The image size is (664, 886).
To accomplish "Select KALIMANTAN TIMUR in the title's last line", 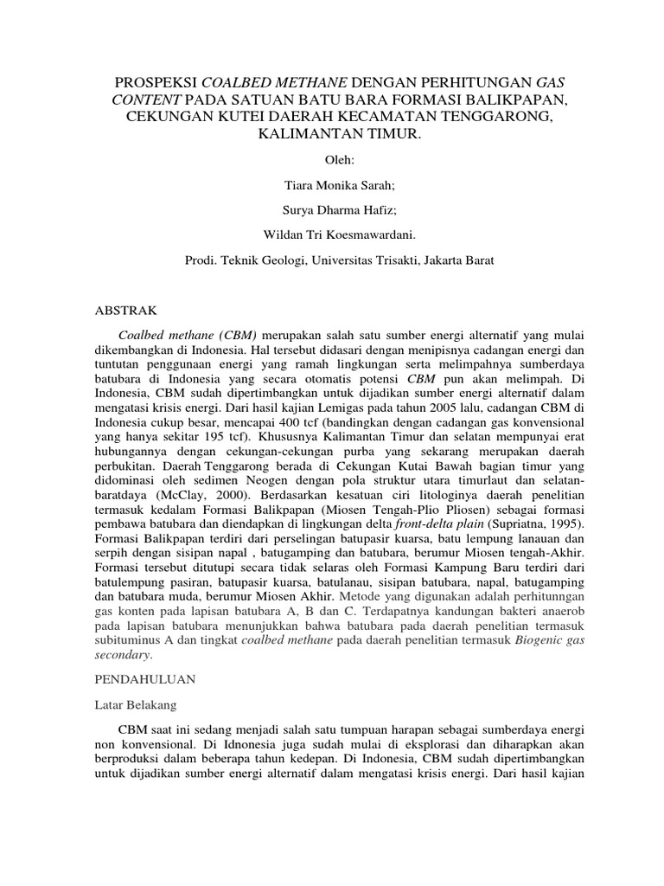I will [331, 134].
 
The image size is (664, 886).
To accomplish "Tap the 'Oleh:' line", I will [331, 160].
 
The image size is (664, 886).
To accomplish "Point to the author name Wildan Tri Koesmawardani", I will [331, 234].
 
